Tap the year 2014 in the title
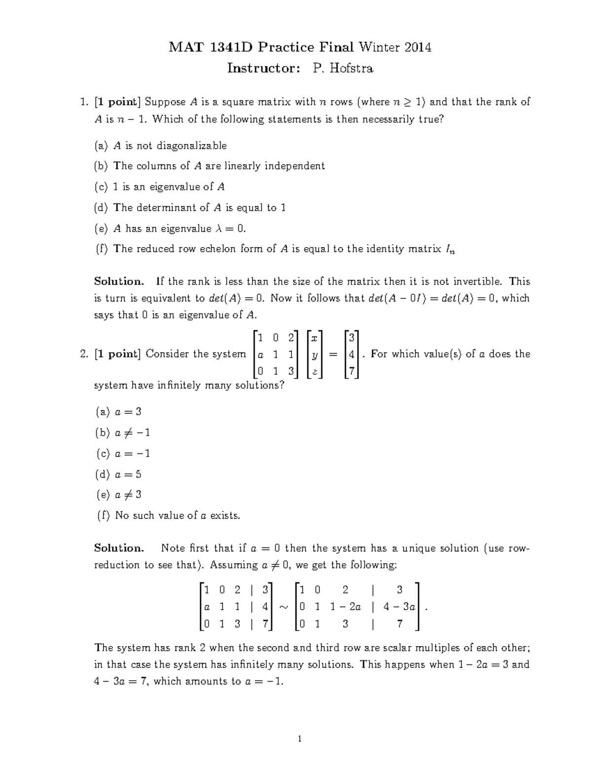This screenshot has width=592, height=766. pos(418,47)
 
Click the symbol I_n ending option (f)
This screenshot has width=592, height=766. pos(450,249)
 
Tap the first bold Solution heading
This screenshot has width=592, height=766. pos(119,282)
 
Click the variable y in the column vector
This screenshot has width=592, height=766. pos(314,355)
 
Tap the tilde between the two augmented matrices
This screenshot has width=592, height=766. pos(283,607)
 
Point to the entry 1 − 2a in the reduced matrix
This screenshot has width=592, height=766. pos(345,607)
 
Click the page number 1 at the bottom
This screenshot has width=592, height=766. pos(298,738)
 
